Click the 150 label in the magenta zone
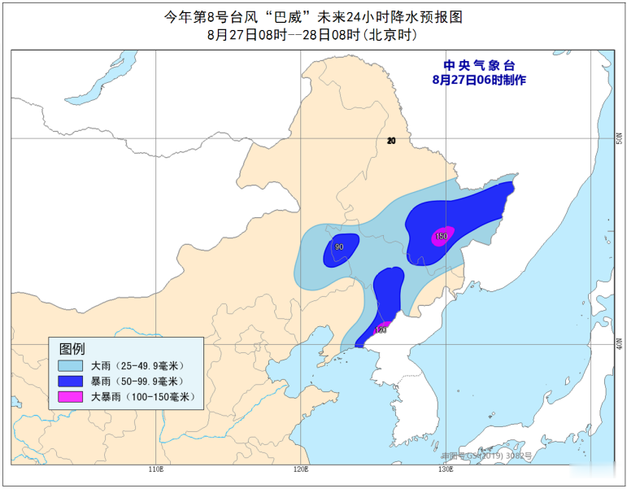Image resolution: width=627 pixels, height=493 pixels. [442, 237]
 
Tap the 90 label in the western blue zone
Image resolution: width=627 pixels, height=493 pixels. [339, 247]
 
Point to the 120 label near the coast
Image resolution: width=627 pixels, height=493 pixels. [380, 329]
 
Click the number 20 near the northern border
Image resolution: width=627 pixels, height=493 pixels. [391, 141]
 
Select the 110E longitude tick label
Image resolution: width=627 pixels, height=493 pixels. [157, 469]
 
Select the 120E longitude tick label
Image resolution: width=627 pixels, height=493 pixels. [301, 469]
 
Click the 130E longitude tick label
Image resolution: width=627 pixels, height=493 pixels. [444, 469]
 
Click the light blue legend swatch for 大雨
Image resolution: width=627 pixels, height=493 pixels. [71, 365]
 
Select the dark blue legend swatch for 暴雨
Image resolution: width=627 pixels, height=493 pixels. [71, 381]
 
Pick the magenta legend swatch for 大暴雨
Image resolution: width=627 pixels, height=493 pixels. [71, 396]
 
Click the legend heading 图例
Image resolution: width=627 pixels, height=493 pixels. [72, 348]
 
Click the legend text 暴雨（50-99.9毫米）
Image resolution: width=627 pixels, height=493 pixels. [137, 381]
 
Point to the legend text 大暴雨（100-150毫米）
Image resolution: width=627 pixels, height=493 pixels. [140, 396]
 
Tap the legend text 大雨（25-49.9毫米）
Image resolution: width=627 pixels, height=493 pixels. [137, 365]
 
